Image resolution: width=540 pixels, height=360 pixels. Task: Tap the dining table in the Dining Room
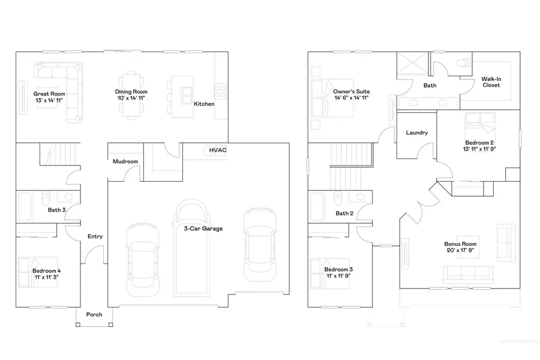(x=131, y=93)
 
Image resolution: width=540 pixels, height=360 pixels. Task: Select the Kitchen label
(x=204, y=104)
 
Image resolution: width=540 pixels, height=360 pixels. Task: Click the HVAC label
(x=217, y=150)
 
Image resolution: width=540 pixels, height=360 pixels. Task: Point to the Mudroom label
(x=125, y=161)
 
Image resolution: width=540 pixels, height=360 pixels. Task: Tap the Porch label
(x=94, y=314)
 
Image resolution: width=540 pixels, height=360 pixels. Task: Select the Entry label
(x=95, y=236)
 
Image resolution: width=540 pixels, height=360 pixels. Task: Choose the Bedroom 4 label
(x=47, y=271)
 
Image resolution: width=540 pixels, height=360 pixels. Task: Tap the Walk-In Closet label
(x=491, y=82)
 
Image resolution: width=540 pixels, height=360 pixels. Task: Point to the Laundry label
(x=416, y=133)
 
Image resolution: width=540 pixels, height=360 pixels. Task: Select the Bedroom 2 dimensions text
(x=479, y=148)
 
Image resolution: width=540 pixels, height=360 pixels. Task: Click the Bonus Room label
(x=460, y=244)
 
